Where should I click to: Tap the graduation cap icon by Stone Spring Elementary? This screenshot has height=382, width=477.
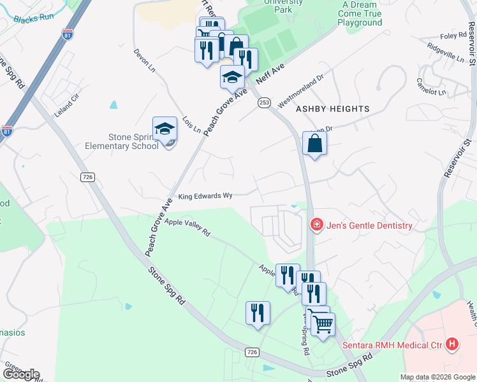pos(165,129)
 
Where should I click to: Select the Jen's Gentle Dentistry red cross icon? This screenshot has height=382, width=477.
pos(316,225)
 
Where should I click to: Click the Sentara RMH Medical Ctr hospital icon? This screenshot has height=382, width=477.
pos(452,344)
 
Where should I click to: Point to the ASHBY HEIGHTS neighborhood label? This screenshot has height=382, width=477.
pos(332,109)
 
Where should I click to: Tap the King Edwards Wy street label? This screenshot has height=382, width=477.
pos(204,197)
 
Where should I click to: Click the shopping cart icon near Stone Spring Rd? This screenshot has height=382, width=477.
pos(323,324)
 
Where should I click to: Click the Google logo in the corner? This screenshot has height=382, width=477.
pos(21,374)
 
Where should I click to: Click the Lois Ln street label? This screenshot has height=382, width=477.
pos(191,125)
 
